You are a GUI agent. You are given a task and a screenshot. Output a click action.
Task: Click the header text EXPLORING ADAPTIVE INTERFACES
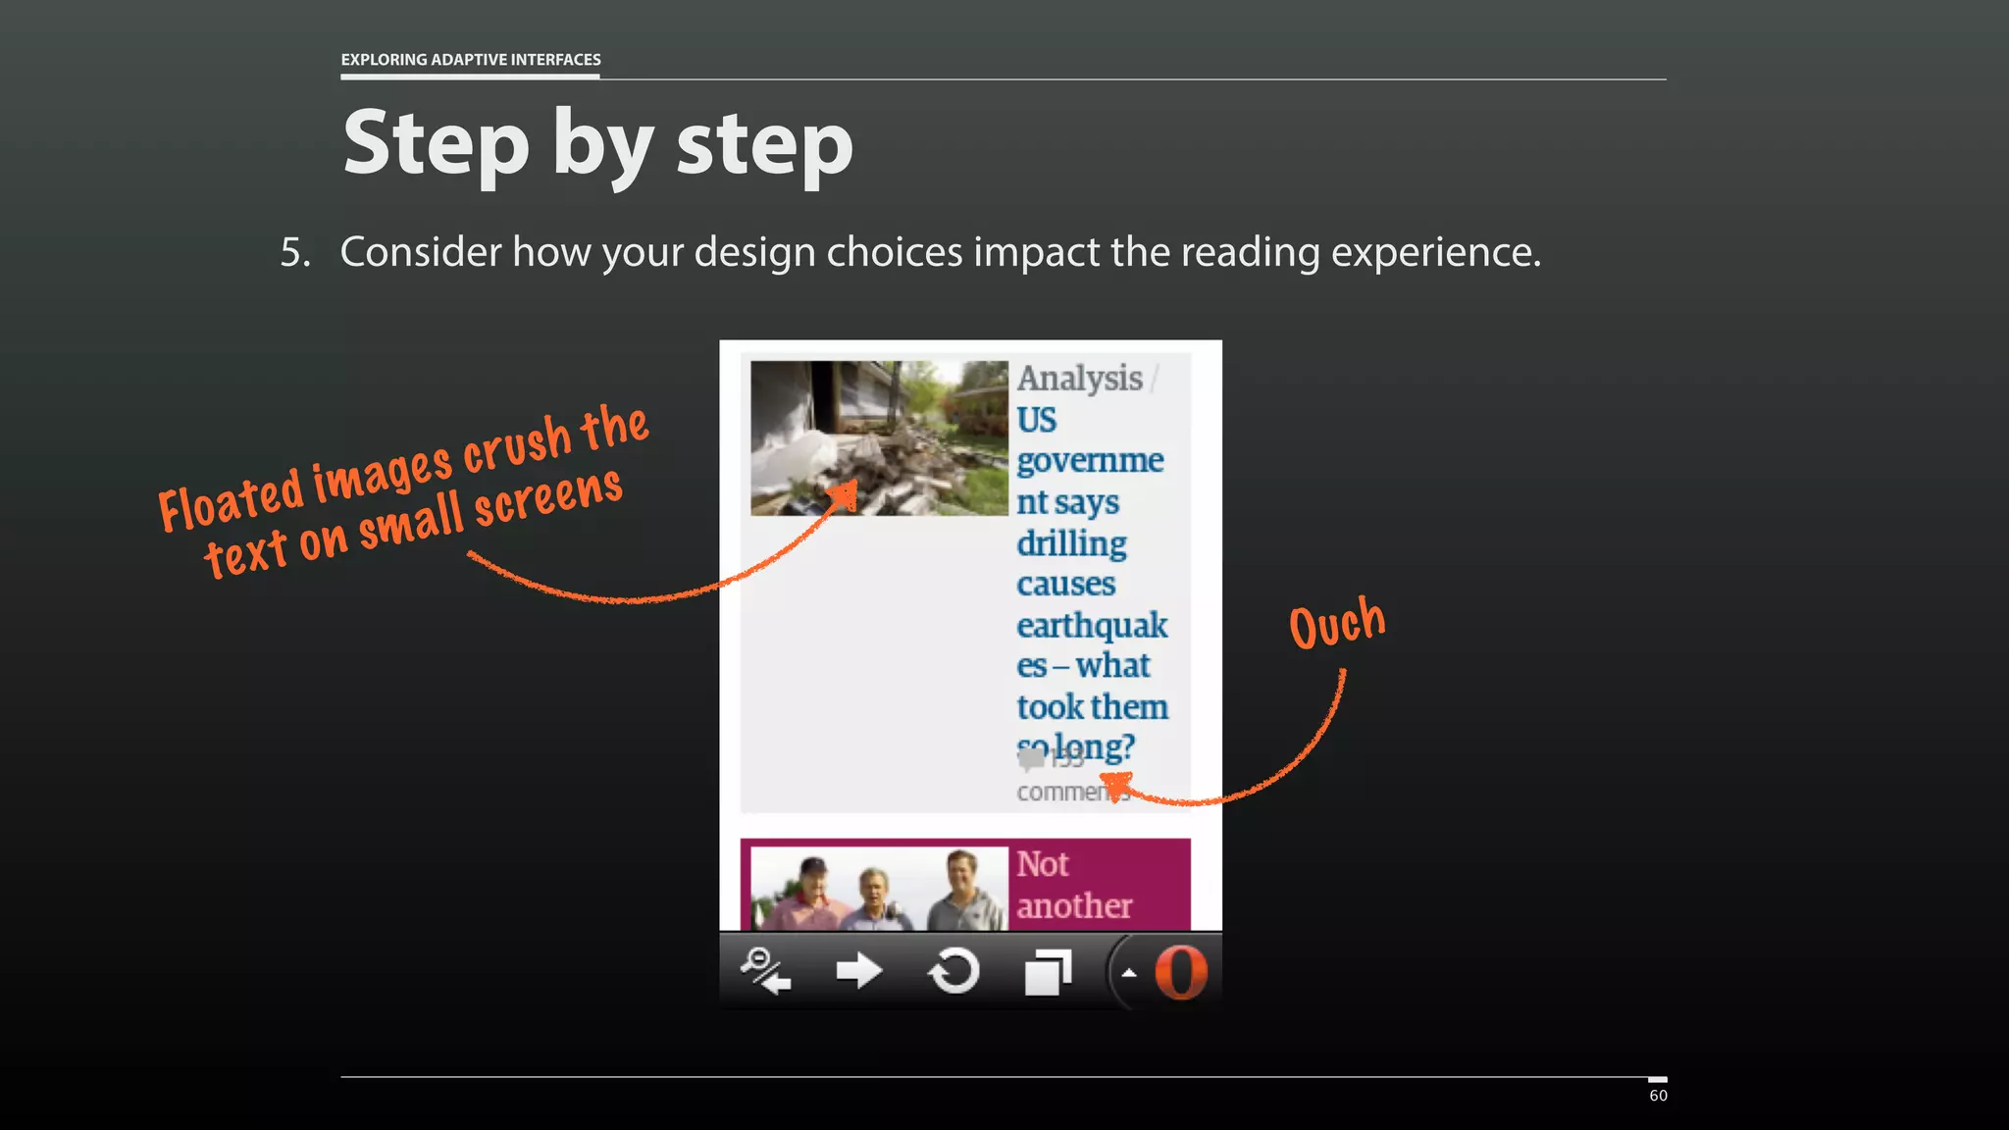(471, 60)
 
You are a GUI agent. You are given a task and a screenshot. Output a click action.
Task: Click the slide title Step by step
(597, 144)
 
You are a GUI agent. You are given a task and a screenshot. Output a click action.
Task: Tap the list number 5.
(295, 252)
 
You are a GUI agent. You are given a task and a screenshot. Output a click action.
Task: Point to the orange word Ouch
(1337, 624)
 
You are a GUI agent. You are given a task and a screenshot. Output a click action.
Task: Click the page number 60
(1658, 1096)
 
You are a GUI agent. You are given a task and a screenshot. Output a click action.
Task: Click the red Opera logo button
(1180, 972)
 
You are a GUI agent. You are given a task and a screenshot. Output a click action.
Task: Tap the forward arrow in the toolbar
(859, 972)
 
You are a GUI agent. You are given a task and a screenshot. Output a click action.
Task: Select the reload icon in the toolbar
(953, 972)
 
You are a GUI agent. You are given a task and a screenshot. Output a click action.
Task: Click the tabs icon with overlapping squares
(1047, 972)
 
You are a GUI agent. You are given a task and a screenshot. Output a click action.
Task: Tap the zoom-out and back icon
(766, 972)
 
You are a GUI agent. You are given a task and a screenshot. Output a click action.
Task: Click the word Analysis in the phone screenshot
(1079, 379)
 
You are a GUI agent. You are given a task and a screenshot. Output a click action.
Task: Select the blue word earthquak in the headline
(1092, 625)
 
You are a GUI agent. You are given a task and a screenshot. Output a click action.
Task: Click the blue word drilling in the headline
(1071, 543)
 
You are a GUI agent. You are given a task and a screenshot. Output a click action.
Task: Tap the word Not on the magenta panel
(1042, 864)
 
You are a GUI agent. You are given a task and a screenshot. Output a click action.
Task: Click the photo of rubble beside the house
(879, 437)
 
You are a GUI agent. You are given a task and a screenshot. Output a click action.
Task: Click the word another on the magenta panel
(1074, 905)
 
